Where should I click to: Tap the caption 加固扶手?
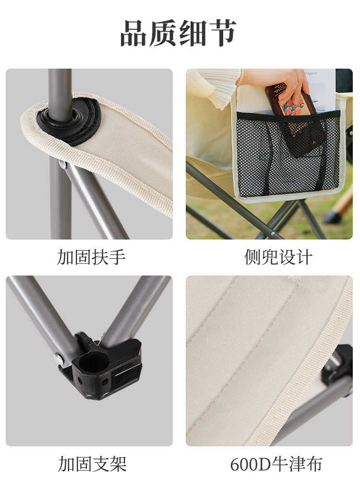[91, 257]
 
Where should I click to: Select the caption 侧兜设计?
[278, 257]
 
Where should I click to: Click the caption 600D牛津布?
[276, 464]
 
